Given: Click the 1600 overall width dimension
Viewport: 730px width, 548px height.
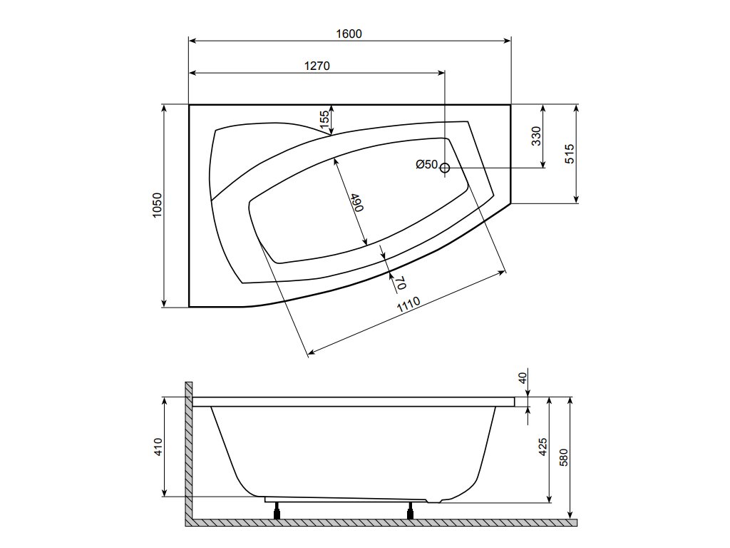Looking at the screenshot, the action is [349, 34].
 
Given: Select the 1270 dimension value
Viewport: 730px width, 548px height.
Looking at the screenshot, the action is [317, 66].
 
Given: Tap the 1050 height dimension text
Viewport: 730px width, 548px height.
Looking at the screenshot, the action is [157, 205].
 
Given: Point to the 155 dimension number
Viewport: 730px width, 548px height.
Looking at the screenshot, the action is [325, 120].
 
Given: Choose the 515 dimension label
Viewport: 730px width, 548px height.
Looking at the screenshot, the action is [570, 154].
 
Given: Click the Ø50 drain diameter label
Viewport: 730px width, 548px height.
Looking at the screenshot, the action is [427, 164].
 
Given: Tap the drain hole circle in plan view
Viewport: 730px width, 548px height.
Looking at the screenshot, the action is [445, 168].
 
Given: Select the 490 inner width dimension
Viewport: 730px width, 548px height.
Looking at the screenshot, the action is [357, 202].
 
